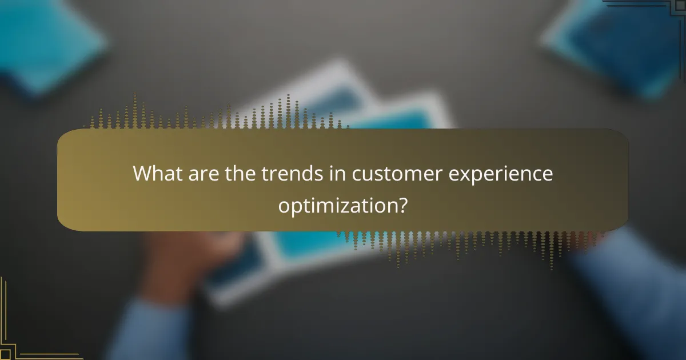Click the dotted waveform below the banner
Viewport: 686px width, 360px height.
469,243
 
